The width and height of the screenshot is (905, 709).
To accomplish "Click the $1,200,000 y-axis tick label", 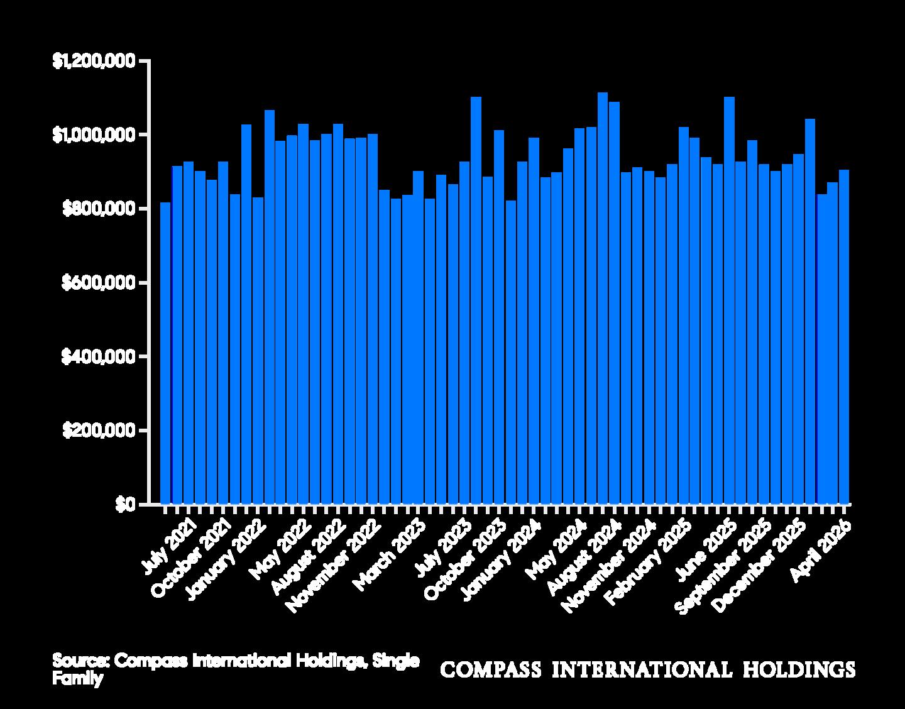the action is tap(94, 61).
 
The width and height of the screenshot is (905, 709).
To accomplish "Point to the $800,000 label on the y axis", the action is tap(99, 209).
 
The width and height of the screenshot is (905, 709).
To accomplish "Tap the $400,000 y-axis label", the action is tap(99, 357).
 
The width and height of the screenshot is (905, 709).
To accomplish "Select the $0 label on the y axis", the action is tap(126, 505).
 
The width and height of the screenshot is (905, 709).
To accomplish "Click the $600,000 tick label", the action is tap(99, 283).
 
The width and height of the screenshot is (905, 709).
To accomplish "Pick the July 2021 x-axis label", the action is tap(168, 546).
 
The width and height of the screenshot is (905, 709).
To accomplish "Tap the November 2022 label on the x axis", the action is tap(333, 566).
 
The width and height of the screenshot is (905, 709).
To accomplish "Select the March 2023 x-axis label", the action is tap(388, 555).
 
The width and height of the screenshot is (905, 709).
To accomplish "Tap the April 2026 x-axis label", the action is tap(820, 551).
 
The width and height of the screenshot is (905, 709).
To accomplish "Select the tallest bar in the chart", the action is tap(603, 298).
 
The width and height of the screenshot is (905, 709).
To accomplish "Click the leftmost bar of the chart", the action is tap(165, 353).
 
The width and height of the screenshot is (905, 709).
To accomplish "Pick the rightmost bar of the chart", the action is tap(844, 337).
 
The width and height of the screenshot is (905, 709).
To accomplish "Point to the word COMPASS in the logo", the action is tap(491, 669).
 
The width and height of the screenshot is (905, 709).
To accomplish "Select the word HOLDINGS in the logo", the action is tap(799, 669).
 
